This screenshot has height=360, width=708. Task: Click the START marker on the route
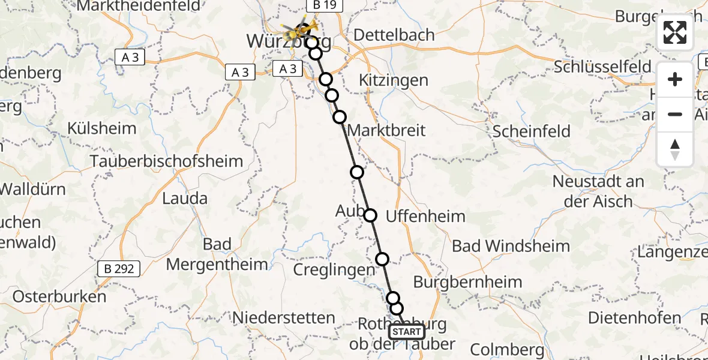coord(407,332)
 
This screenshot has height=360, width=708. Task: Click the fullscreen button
coord(675,32)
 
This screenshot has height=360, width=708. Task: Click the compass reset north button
coord(675,149)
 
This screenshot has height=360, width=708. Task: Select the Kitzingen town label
coord(393,80)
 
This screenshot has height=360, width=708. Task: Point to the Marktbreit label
coord(386,130)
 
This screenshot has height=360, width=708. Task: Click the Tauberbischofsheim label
coord(167,161)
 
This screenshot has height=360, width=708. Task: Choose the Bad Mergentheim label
coord(217,254)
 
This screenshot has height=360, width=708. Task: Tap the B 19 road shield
coord(325,5)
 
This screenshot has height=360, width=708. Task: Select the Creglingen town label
coord(334,270)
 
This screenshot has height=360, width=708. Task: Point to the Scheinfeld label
coord(532,131)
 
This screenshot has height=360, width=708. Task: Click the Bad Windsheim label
coord(511,246)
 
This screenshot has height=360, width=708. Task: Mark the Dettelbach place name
coord(394,35)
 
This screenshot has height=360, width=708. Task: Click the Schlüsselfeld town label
coord(603,67)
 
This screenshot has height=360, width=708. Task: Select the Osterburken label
coord(59,296)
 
